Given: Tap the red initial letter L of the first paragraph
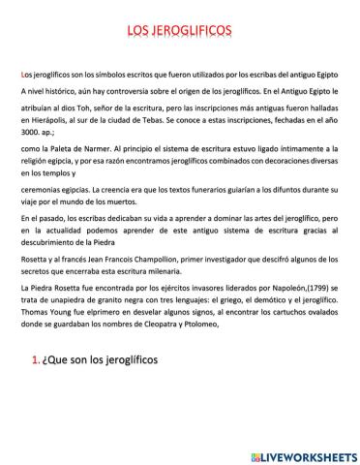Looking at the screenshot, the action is [x=22, y=75].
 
